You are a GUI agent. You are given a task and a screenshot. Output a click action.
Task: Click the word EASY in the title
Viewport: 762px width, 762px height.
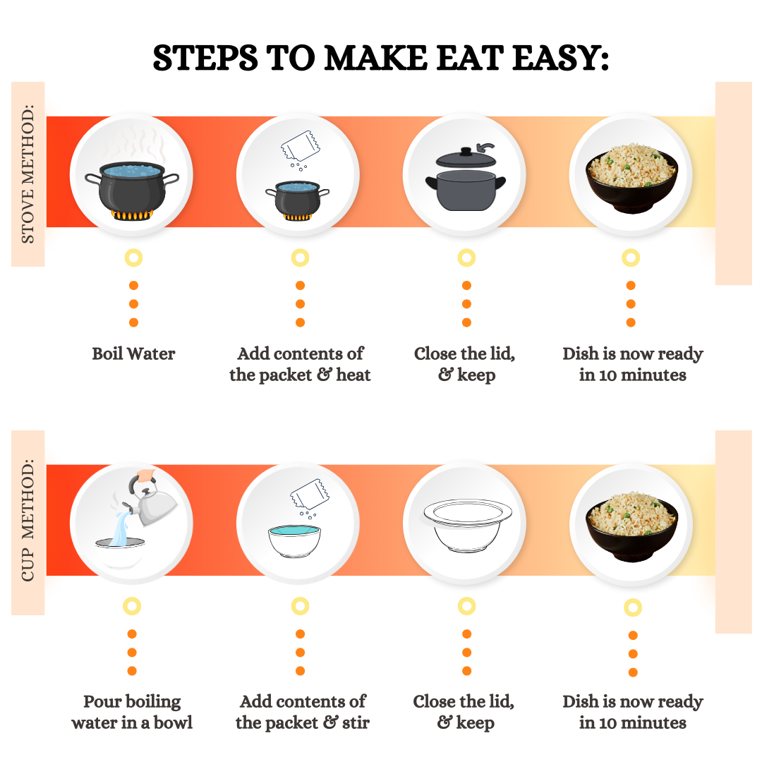point(560,59)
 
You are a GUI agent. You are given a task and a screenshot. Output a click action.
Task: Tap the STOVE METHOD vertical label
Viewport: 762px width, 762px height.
point(28,174)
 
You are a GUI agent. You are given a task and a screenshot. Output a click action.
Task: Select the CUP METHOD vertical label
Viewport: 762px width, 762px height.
point(28,520)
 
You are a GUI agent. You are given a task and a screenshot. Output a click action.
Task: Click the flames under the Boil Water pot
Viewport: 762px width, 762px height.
point(132,214)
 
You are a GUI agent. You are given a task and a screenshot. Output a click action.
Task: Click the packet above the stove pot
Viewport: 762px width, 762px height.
point(301,146)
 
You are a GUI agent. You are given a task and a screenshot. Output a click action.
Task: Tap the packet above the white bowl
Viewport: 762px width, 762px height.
point(310,494)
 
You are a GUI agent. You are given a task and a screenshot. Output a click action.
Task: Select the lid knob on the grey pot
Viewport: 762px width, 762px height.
point(466,151)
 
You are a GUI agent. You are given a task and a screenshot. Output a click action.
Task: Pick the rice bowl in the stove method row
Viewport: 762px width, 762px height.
point(631,178)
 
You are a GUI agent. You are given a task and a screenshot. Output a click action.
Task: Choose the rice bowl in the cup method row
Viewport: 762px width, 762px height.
point(631,526)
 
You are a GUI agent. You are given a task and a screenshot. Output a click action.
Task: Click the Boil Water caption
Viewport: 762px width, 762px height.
point(133,353)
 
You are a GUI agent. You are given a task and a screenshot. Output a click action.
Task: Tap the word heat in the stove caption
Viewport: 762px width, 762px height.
point(353,375)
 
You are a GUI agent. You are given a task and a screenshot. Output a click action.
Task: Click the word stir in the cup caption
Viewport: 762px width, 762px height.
point(356,723)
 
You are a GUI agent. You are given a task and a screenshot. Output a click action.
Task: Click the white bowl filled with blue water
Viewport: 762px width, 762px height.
point(294,541)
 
